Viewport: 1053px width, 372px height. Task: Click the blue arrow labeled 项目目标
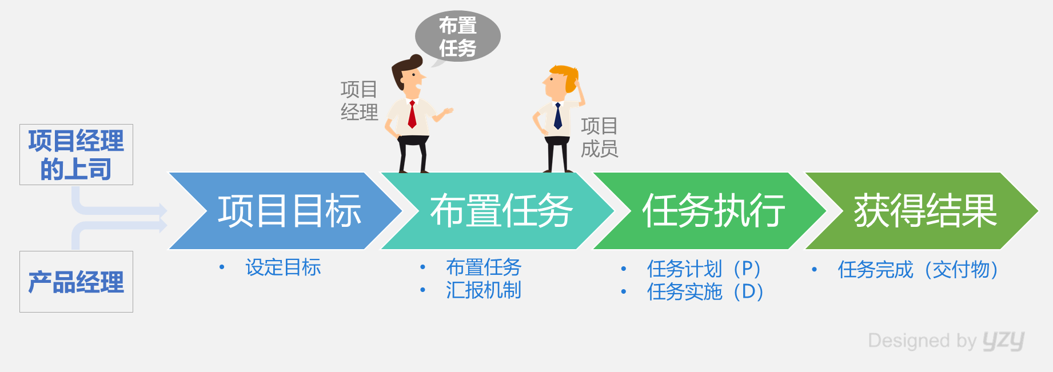286,211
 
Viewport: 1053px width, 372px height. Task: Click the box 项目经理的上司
76,154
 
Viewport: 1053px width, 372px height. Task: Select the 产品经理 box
76,282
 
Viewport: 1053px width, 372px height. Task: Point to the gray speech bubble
457,37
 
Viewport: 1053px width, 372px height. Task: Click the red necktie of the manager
412,114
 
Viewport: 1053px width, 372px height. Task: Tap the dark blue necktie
558,115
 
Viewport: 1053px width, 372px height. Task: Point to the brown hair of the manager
404,70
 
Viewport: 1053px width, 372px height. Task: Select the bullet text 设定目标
283,267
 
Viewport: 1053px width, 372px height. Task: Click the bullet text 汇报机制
484,290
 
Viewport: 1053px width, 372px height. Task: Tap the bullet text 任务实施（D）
705,291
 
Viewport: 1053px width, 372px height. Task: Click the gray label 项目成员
599,137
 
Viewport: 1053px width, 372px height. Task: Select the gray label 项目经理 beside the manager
359,101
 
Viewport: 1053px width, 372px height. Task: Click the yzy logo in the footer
1004,341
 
